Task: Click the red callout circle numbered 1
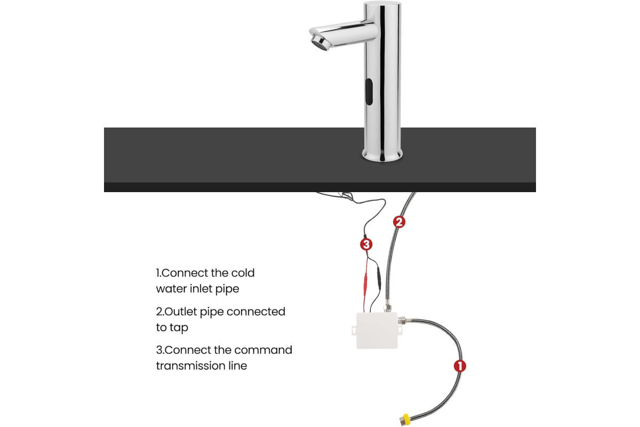(460, 366)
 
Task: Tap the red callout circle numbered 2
(399, 222)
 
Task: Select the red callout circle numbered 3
(366, 244)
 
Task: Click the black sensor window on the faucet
(369, 91)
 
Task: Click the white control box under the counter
(377, 330)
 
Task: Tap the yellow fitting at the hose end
(405, 420)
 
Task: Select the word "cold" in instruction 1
(243, 273)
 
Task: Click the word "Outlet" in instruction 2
(181, 312)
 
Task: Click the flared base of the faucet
(382, 155)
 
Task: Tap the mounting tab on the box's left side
(354, 330)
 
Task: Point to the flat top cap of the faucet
(382, 4)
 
